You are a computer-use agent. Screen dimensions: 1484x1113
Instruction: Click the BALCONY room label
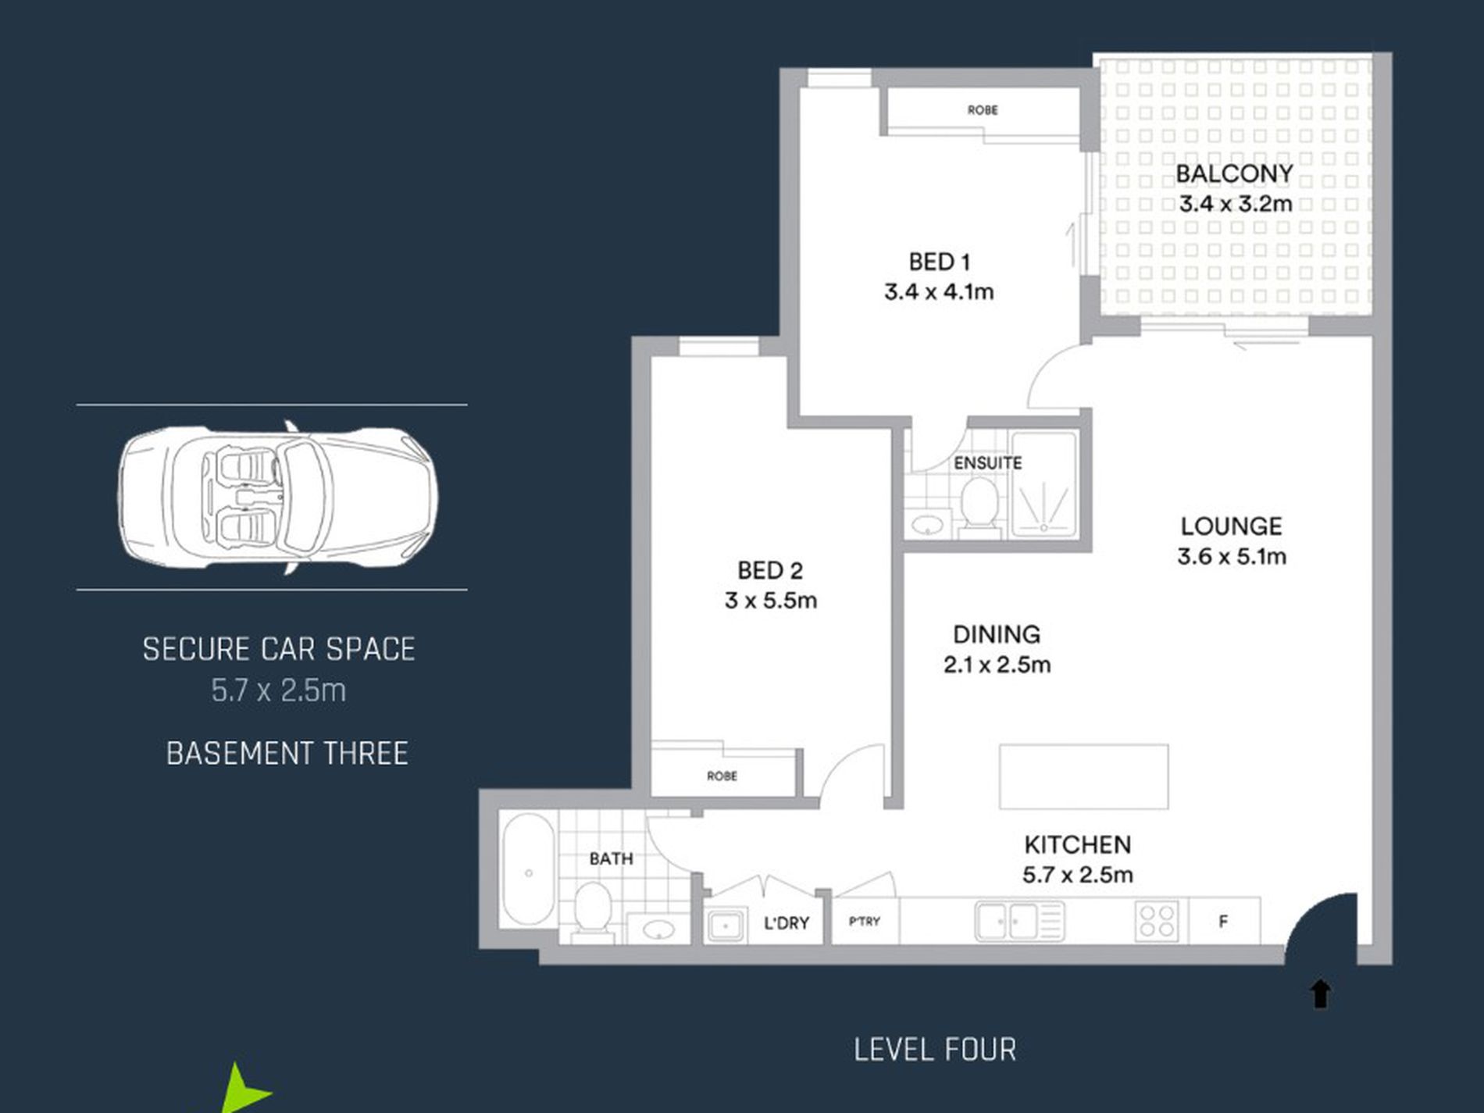1234,173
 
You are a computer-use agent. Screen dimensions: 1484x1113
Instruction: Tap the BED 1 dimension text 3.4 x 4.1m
939,292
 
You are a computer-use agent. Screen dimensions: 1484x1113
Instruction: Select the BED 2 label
770,571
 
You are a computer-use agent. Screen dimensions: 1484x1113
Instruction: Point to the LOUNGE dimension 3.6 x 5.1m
1232,557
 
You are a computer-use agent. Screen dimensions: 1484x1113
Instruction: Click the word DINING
997,634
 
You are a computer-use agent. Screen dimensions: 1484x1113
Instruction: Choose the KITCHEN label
1077,844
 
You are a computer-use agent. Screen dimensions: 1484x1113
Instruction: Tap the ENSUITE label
987,463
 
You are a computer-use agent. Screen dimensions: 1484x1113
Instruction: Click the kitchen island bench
1084,776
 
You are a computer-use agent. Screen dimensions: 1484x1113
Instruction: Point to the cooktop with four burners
1158,921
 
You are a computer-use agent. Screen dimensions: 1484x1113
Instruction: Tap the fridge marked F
1223,922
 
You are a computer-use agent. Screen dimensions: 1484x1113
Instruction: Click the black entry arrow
1320,994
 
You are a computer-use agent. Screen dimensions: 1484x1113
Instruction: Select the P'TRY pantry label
865,922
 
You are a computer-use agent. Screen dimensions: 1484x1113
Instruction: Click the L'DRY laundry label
786,923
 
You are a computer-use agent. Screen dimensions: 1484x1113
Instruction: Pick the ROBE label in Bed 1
983,110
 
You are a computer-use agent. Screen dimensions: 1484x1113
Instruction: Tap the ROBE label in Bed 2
722,776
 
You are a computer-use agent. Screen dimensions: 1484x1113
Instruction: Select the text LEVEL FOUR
935,1050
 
